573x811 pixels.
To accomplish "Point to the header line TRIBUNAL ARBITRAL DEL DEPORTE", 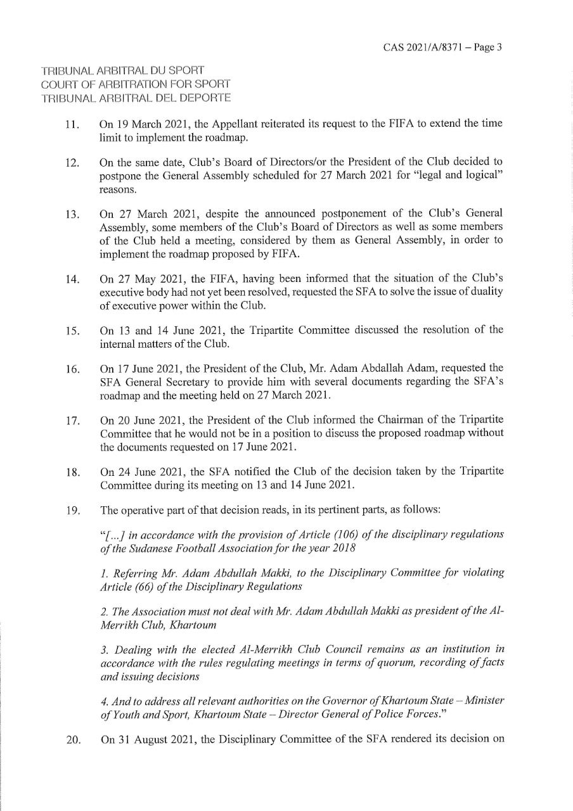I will click(136, 98).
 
